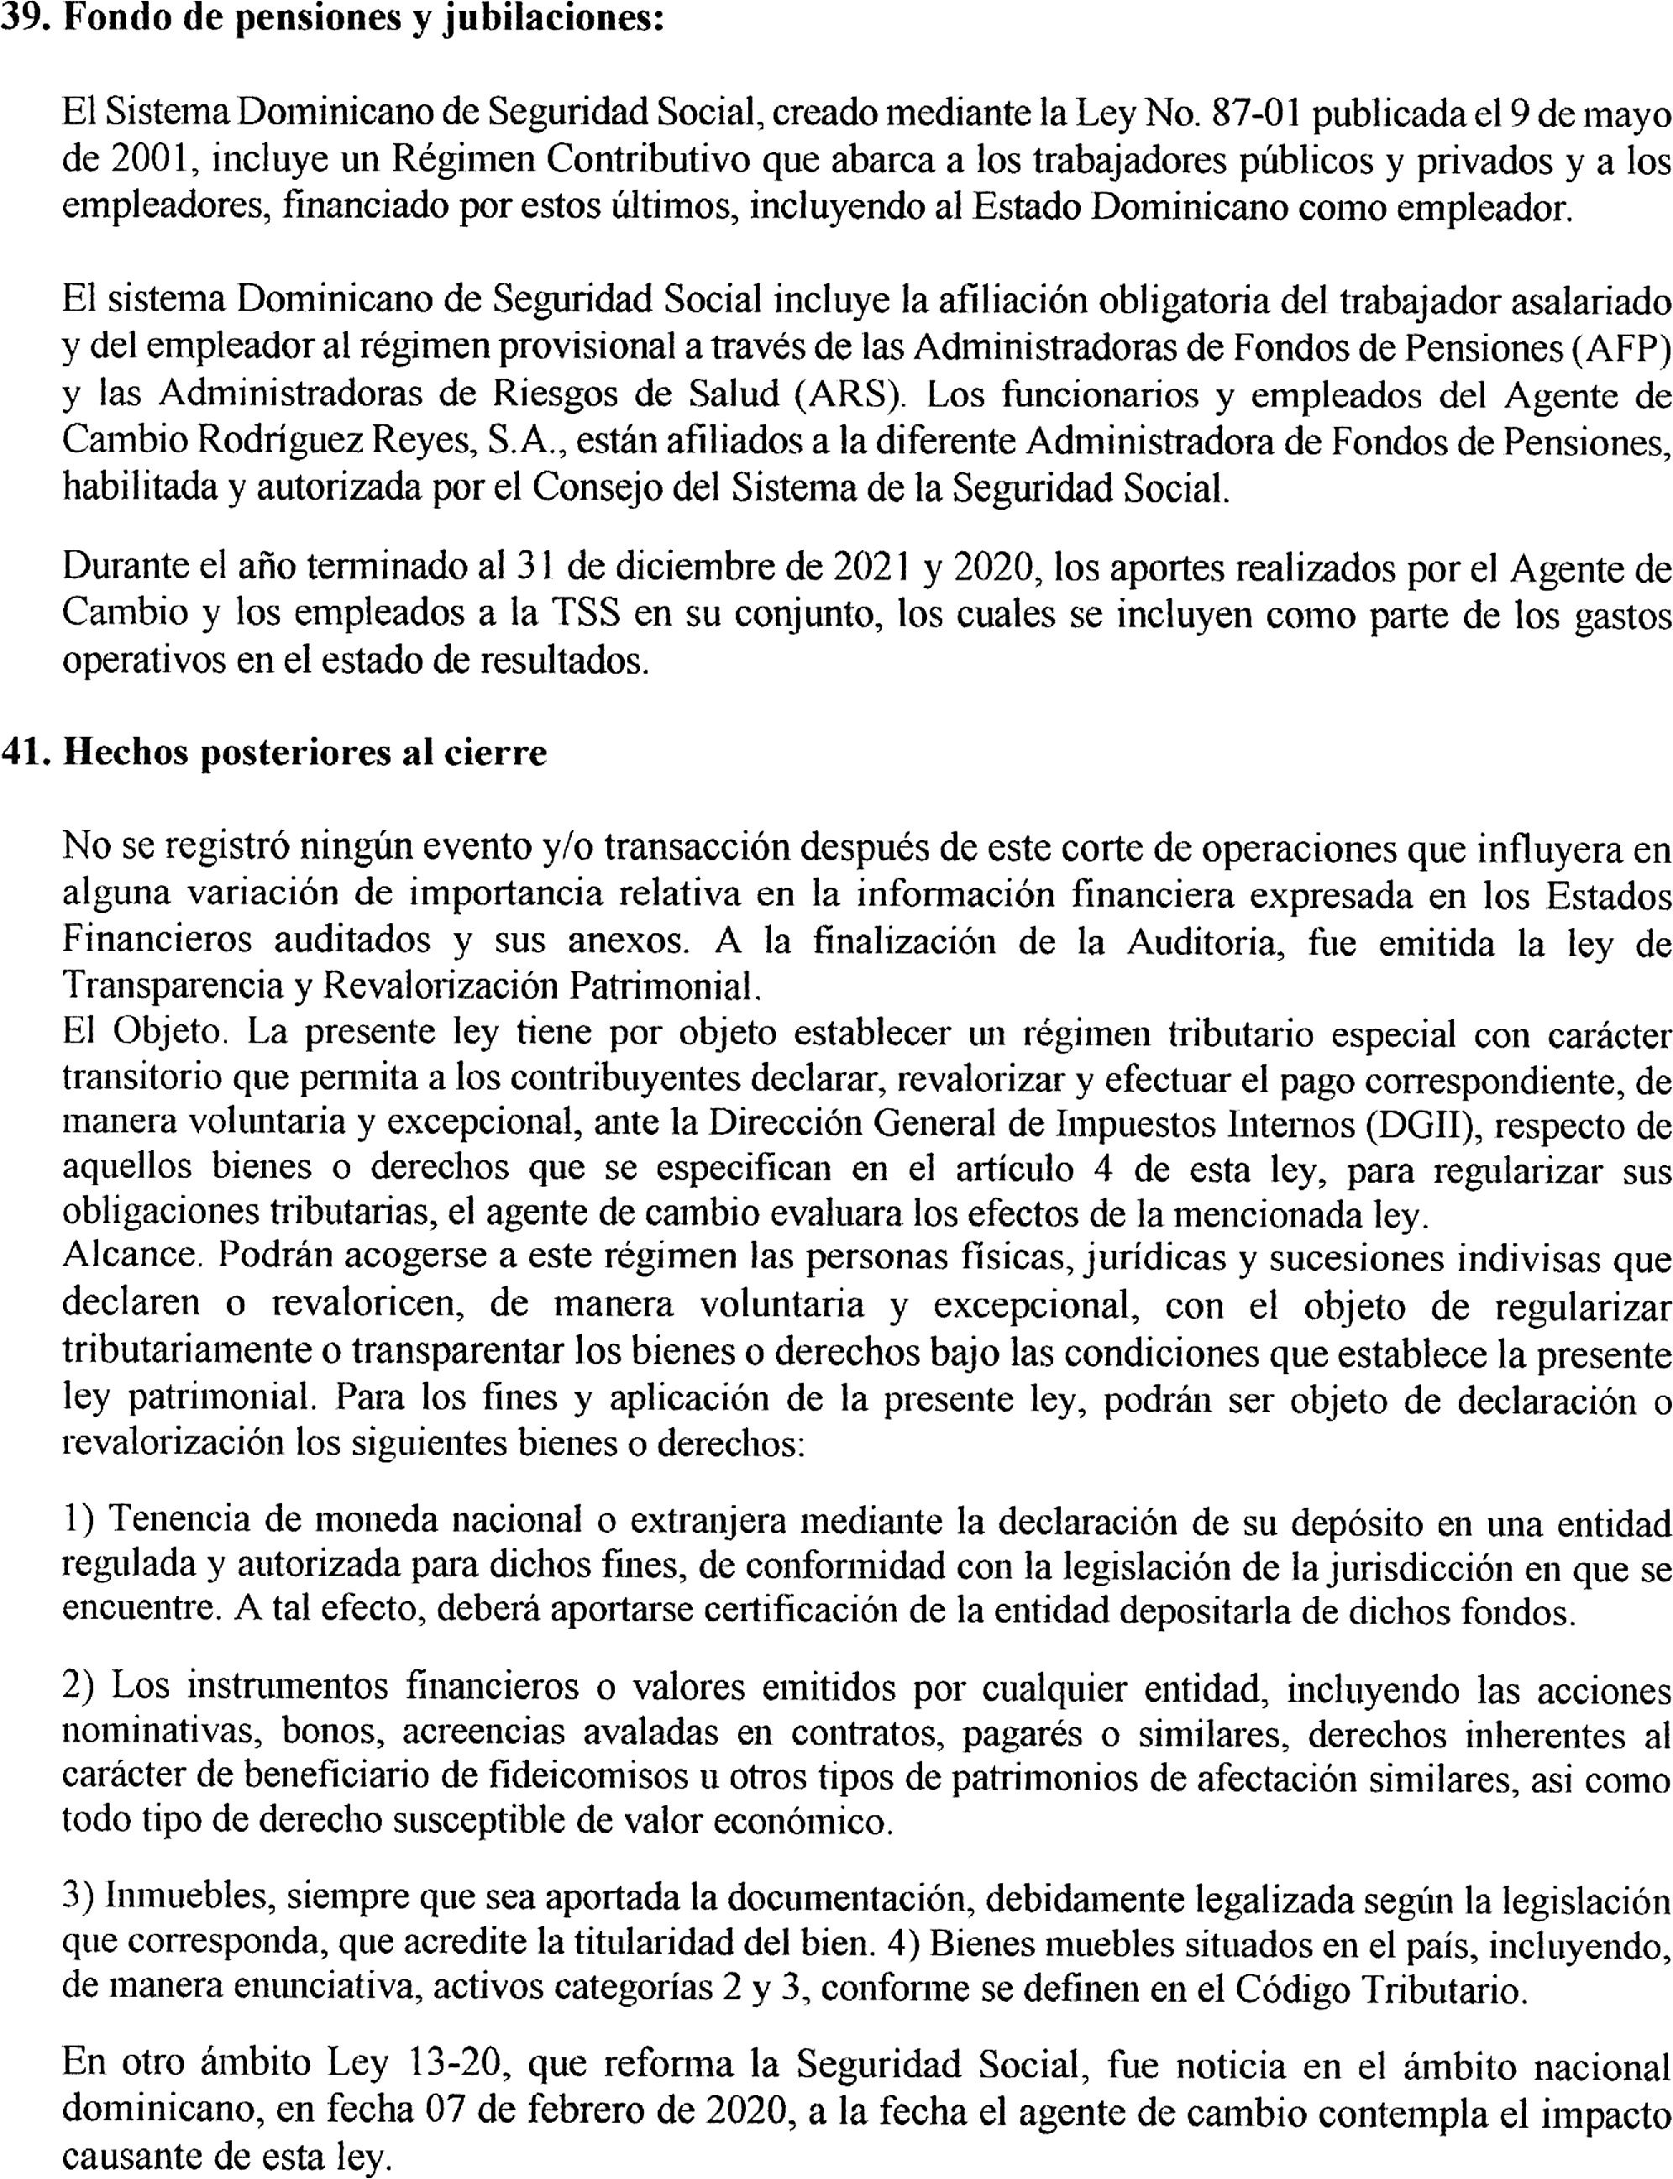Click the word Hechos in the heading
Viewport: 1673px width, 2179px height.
click(125, 753)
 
